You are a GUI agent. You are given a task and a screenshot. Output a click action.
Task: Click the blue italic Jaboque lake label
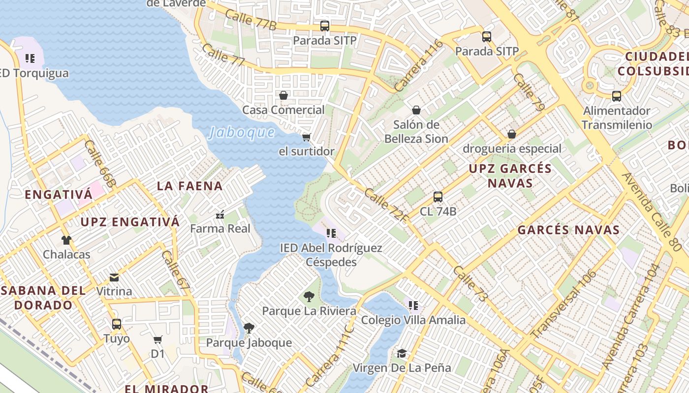pyautogui.click(x=242, y=133)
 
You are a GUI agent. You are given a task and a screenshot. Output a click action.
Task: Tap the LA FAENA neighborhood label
pyautogui.click(x=190, y=186)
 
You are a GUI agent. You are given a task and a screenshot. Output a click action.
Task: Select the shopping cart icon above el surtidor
pyautogui.click(x=307, y=137)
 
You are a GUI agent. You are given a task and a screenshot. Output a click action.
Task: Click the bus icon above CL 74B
pyautogui.click(x=438, y=197)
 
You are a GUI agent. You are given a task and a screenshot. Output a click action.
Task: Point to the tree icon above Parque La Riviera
pyautogui.click(x=309, y=297)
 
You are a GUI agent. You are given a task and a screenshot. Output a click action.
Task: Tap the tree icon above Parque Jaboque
pyautogui.click(x=249, y=328)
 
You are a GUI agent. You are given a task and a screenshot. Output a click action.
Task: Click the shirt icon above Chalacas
pyautogui.click(x=66, y=240)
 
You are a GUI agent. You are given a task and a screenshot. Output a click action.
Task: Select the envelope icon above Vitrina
pyautogui.click(x=114, y=278)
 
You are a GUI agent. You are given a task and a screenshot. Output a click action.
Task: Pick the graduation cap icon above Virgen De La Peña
pyautogui.click(x=402, y=354)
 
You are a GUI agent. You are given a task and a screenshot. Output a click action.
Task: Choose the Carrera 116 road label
pyautogui.click(x=418, y=66)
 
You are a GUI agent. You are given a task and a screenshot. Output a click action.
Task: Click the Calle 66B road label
pyautogui.click(x=100, y=164)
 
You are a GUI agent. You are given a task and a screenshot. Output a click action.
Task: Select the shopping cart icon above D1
pyautogui.click(x=158, y=340)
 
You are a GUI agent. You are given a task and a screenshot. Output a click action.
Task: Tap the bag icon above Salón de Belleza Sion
pyautogui.click(x=416, y=110)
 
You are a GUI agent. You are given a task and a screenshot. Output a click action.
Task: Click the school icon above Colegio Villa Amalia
pyautogui.click(x=413, y=306)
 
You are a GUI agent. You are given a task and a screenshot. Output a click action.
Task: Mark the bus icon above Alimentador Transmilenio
pyautogui.click(x=617, y=96)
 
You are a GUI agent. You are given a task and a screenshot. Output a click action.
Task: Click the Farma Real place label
pyautogui.click(x=220, y=228)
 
